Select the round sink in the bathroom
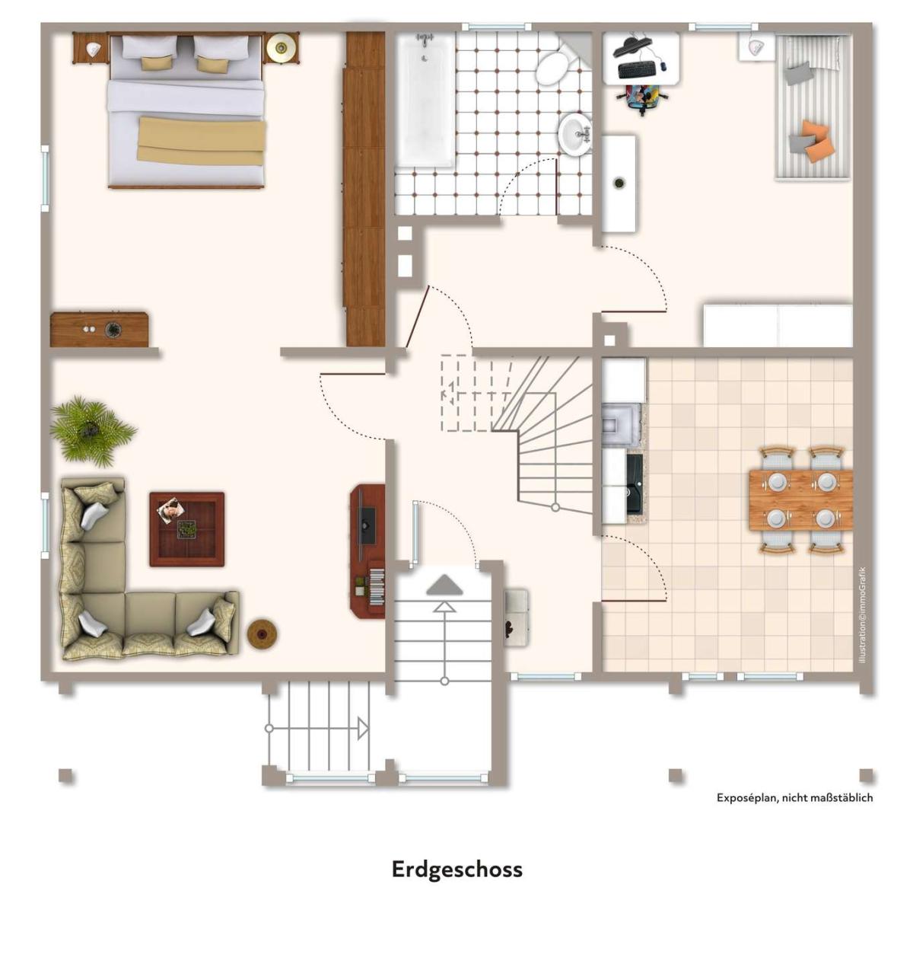coord(576,134)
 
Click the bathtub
coord(425,101)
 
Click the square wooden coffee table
coord(187,529)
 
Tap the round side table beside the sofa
coord(262,633)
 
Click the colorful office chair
coord(642,99)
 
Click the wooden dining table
coord(800,499)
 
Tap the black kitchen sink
coord(634,484)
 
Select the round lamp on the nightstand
coord(281,47)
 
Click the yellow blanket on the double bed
coord(202,140)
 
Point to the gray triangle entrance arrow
coord(444,585)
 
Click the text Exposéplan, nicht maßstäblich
coord(795,797)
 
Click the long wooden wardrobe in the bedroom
coord(365,189)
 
